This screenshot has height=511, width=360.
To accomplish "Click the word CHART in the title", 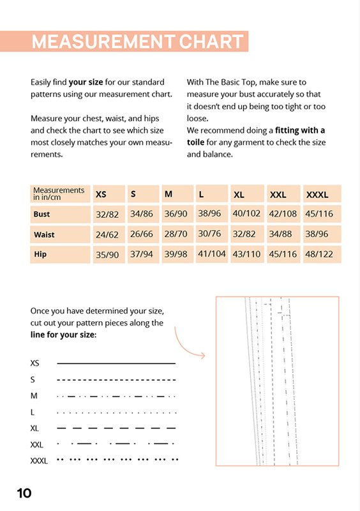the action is (x=211, y=42).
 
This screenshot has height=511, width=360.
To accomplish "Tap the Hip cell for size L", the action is (x=211, y=254).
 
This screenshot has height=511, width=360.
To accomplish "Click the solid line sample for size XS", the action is (x=116, y=363).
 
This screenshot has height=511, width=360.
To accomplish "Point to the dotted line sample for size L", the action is (x=116, y=413).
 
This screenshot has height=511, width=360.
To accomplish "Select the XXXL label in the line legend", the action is (x=39, y=461).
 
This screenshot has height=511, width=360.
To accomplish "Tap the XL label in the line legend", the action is (x=34, y=428).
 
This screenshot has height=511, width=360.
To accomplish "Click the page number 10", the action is (x=24, y=493).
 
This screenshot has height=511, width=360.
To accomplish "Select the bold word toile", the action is (x=195, y=142).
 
